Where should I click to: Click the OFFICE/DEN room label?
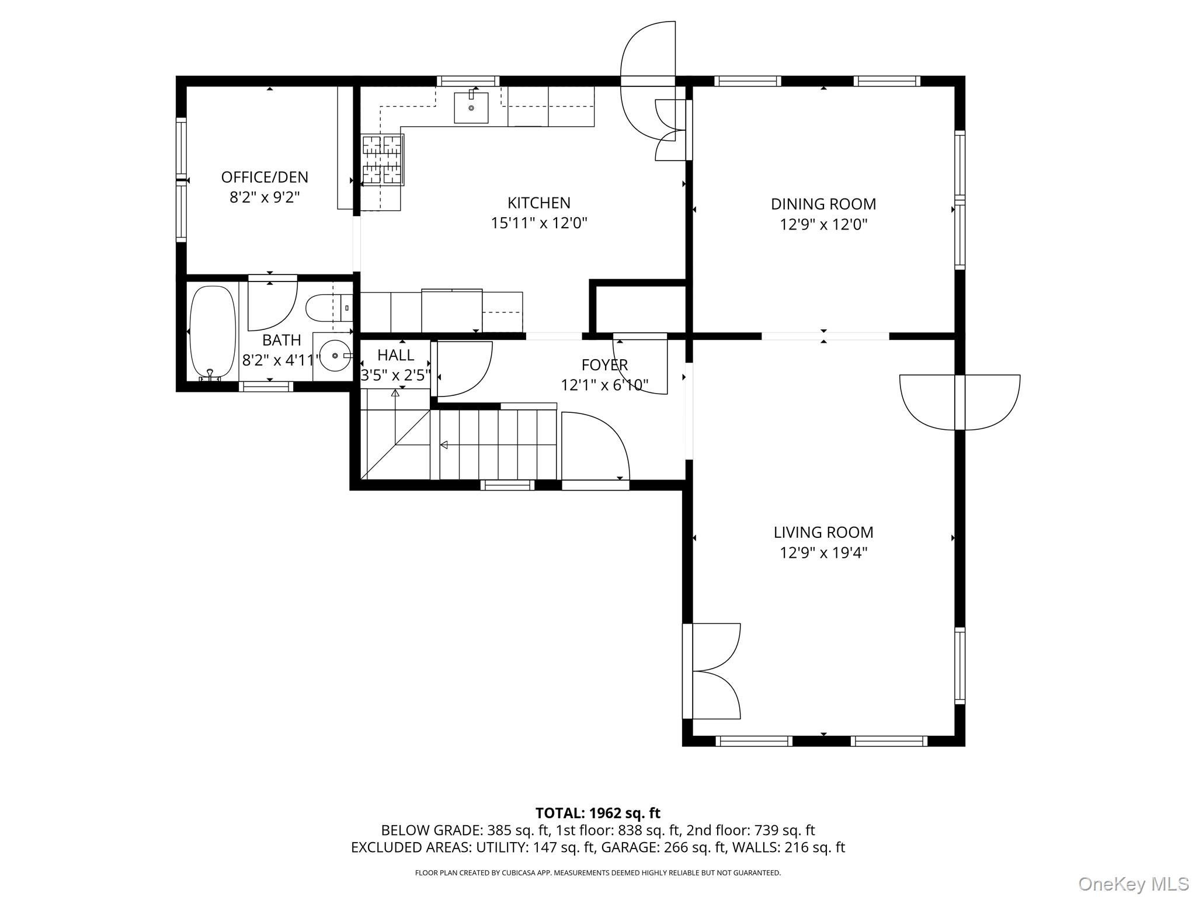265,177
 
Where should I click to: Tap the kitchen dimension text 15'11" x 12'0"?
538,223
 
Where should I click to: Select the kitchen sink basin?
471,108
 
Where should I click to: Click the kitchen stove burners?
382,159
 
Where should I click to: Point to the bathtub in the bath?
213,331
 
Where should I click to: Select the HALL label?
395,355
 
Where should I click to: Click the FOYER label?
604,365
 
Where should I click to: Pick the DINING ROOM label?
823,204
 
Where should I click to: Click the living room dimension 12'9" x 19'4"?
823,552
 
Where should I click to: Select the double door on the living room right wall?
959,402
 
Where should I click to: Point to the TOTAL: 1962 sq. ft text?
597,813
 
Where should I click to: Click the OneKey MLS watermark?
1133,884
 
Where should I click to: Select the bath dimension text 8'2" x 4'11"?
281,360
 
